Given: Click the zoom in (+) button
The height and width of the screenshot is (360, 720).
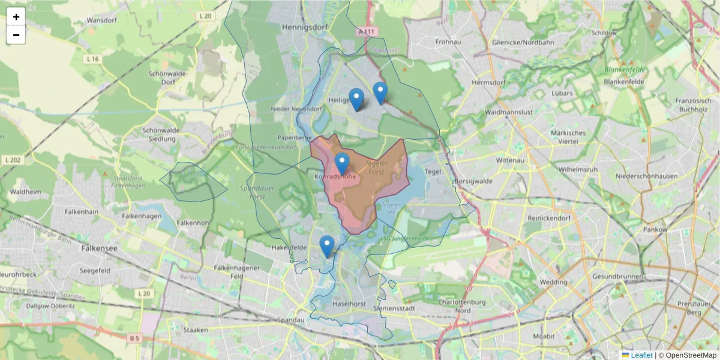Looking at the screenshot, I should click(x=16, y=17).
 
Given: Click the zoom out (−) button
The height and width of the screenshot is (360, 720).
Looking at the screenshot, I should click(x=16, y=35).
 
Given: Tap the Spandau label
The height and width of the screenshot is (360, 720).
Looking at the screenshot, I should click(x=292, y=320).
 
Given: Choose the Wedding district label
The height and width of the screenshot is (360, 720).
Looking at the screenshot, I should click(x=553, y=282).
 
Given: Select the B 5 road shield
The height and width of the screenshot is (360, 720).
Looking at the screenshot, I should click(x=134, y=338).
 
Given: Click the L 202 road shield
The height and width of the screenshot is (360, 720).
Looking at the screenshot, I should click(x=11, y=160).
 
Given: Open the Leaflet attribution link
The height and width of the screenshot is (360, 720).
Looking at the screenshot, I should click(x=641, y=355).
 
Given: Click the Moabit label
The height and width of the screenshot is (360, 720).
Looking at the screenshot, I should click(x=544, y=336).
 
